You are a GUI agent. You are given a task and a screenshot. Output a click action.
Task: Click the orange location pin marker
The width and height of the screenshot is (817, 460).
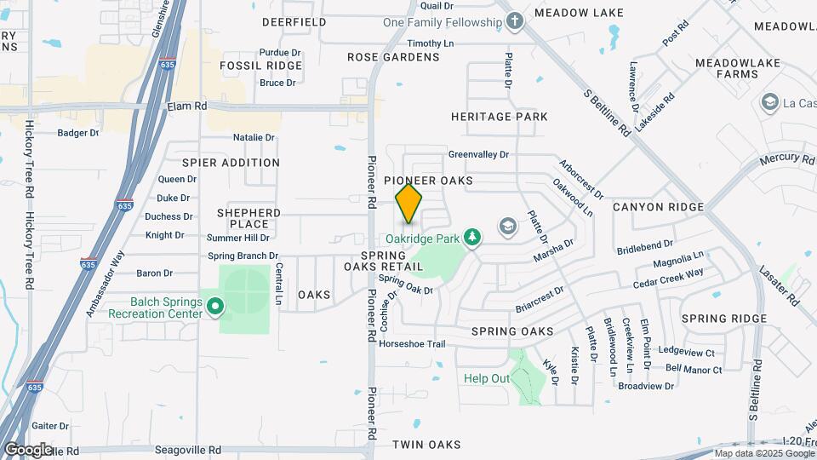[x=409, y=203]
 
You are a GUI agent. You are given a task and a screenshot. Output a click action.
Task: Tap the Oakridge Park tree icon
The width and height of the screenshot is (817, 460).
[x=474, y=237]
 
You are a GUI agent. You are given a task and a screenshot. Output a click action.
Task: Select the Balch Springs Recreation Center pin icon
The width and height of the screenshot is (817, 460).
[x=215, y=305]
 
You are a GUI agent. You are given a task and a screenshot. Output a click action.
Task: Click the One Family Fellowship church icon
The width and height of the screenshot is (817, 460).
[x=514, y=21]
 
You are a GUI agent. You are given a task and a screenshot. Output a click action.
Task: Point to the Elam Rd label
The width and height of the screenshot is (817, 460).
[x=187, y=106]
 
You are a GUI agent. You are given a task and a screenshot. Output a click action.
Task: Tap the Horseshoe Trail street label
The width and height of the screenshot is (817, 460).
[x=412, y=344]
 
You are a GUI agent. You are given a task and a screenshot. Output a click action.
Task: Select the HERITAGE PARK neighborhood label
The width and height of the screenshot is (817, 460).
[x=500, y=117]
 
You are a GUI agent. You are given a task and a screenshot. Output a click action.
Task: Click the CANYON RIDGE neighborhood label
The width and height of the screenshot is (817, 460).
[x=658, y=207]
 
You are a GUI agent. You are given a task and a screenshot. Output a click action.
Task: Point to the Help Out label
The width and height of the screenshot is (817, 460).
[x=487, y=378]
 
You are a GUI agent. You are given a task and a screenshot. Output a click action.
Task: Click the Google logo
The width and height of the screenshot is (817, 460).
[x=28, y=449]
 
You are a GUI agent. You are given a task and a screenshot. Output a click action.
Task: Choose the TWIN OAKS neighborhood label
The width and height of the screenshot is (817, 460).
[x=426, y=445]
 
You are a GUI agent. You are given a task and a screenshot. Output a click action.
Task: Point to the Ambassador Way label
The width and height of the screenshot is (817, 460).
[x=105, y=284]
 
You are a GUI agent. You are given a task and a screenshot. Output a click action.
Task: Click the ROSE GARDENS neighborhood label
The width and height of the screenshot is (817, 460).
[x=393, y=57]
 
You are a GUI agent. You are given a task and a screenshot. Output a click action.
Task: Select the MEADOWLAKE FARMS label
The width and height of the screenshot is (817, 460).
[x=726, y=68]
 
